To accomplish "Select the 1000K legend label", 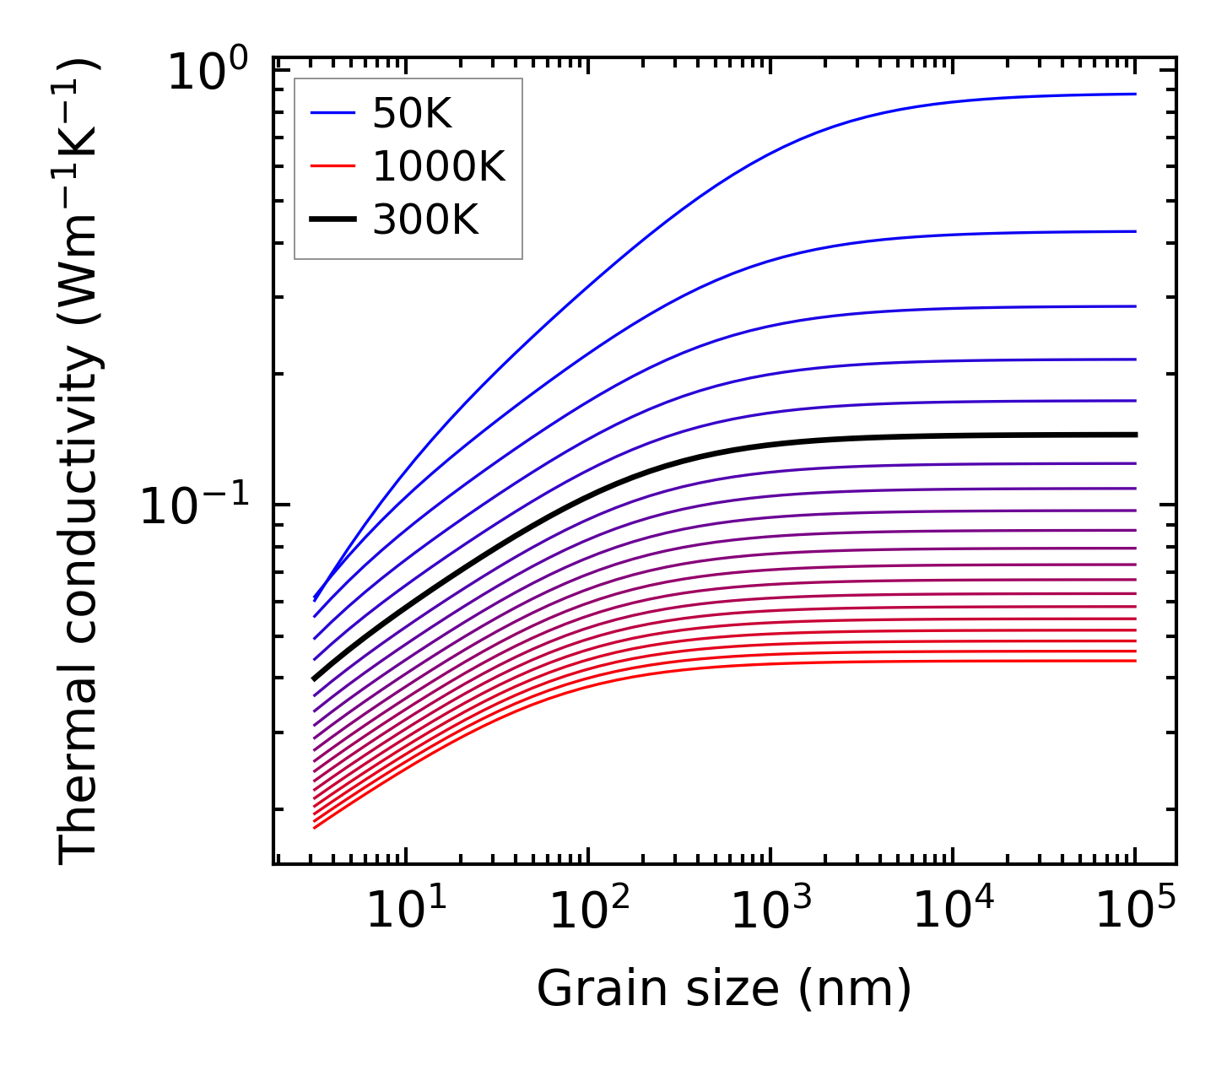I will pos(438,167).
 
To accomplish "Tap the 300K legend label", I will pos(425,220).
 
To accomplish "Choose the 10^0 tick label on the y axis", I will pos(208,73).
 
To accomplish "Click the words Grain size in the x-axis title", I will pos(657,989).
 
